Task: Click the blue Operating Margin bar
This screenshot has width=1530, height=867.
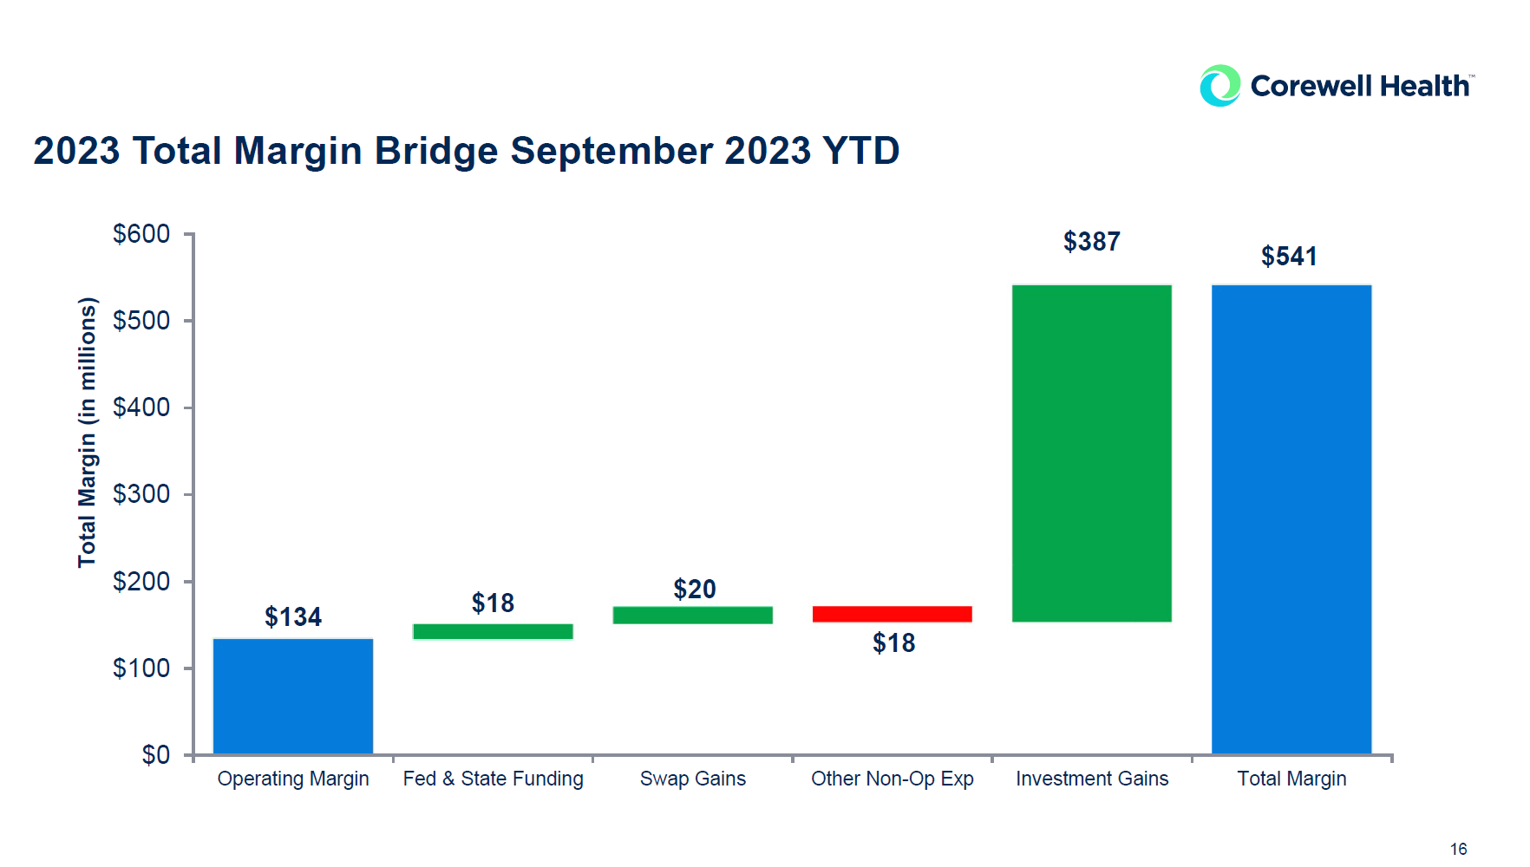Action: [x=293, y=696]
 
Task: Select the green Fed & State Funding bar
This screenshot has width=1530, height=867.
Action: [x=493, y=631]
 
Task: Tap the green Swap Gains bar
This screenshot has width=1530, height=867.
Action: [x=692, y=615]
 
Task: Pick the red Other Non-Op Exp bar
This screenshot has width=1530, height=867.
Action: [x=892, y=614]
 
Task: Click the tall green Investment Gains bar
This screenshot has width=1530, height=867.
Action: [x=1091, y=453]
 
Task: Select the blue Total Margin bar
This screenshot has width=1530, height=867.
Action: [x=1291, y=518]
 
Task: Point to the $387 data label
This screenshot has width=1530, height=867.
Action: [x=1091, y=241]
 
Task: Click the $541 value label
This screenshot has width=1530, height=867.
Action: [x=1289, y=256]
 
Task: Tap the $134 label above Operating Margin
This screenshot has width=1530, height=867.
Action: [x=293, y=616]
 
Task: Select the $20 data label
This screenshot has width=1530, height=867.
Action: [x=694, y=589]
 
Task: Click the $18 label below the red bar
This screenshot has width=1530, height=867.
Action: [x=893, y=642]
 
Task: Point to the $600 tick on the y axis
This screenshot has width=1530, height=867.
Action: [x=141, y=233]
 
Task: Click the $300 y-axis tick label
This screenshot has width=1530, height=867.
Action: [x=141, y=494]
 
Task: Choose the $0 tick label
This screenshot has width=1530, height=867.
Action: [x=156, y=754]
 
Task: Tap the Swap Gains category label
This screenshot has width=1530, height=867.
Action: [x=692, y=779]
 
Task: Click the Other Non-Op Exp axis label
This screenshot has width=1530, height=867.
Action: [x=892, y=779]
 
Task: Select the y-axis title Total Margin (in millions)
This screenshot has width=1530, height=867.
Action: [x=87, y=432]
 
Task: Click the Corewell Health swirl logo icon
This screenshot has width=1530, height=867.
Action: [x=1219, y=86]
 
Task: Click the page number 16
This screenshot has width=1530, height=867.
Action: [x=1458, y=849]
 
